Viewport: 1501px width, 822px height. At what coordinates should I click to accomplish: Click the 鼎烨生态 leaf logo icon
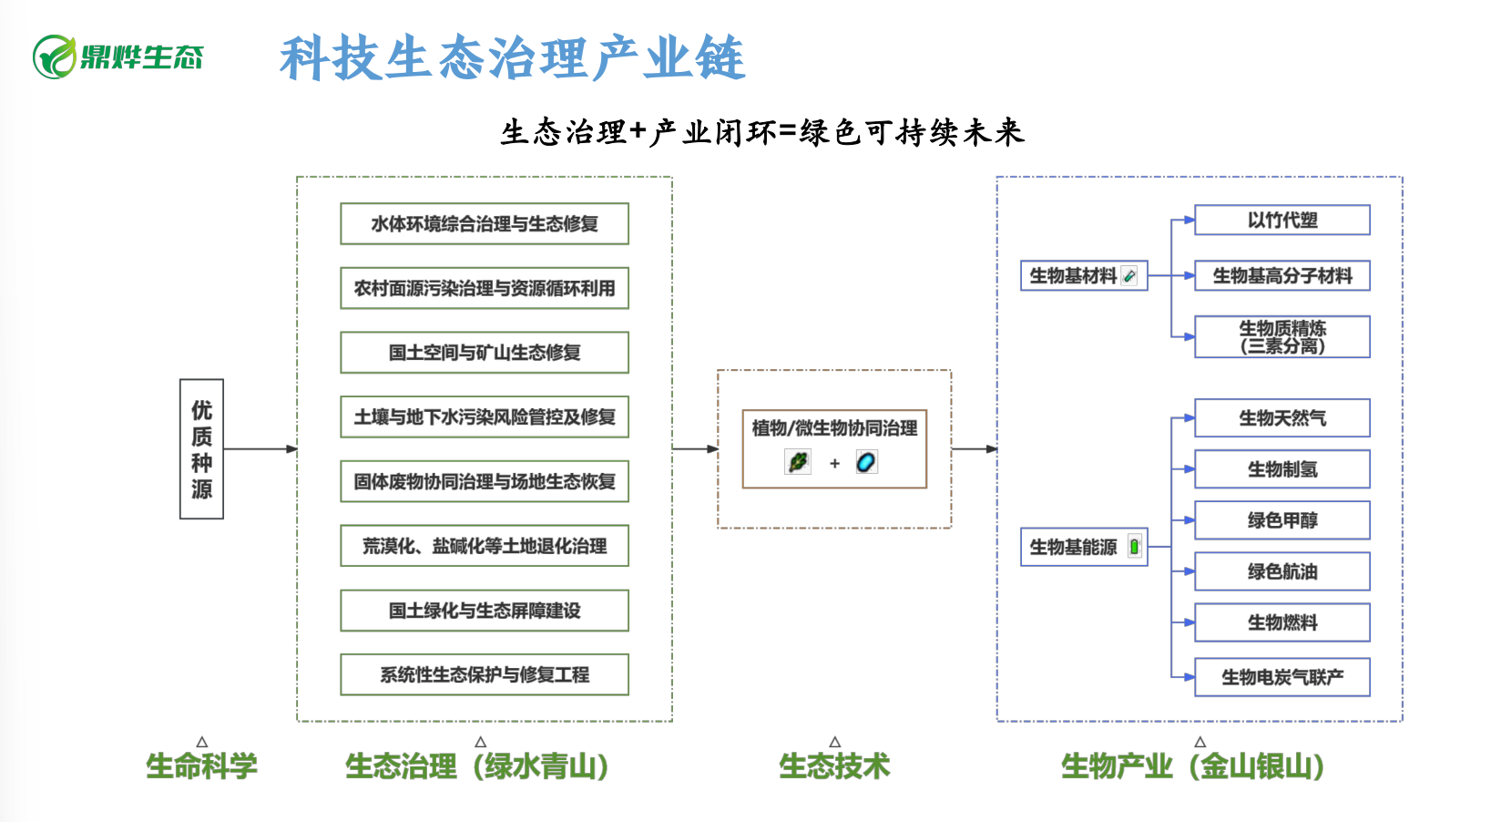[55, 57]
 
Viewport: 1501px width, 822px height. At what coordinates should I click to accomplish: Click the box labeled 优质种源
[201, 449]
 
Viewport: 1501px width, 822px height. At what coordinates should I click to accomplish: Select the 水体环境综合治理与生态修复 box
[485, 224]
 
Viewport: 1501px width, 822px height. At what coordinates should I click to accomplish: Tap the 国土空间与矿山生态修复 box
[485, 353]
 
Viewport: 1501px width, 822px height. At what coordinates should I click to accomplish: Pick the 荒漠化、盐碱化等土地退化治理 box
[485, 546]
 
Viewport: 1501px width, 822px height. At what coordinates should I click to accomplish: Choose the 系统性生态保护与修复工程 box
[485, 674]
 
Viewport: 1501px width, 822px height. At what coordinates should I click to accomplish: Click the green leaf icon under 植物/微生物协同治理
[798, 463]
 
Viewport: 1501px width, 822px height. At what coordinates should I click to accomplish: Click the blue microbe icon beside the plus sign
[866, 463]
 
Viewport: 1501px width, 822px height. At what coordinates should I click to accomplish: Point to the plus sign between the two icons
[834, 464]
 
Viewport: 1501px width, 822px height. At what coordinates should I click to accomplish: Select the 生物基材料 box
[1083, 275]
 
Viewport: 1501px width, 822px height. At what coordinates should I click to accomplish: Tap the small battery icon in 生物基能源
[1134, 547]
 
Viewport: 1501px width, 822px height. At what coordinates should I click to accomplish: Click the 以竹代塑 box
[1282, 221]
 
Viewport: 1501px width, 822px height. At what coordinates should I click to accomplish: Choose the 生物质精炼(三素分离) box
[1282, 337]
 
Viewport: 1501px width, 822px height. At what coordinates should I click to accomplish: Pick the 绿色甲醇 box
[1282, 520]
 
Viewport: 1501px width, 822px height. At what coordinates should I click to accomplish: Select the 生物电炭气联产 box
[1282, 677]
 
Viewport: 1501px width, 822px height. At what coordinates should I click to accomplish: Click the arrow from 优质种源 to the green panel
[260, 449]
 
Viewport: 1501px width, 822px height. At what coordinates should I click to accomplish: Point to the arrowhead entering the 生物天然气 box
[1189, 418]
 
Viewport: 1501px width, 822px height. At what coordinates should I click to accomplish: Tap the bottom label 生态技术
[834, 766]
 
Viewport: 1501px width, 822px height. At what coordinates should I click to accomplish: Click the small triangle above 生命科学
[202, 742]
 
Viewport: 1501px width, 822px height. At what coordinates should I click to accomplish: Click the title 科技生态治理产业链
[513, 58]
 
